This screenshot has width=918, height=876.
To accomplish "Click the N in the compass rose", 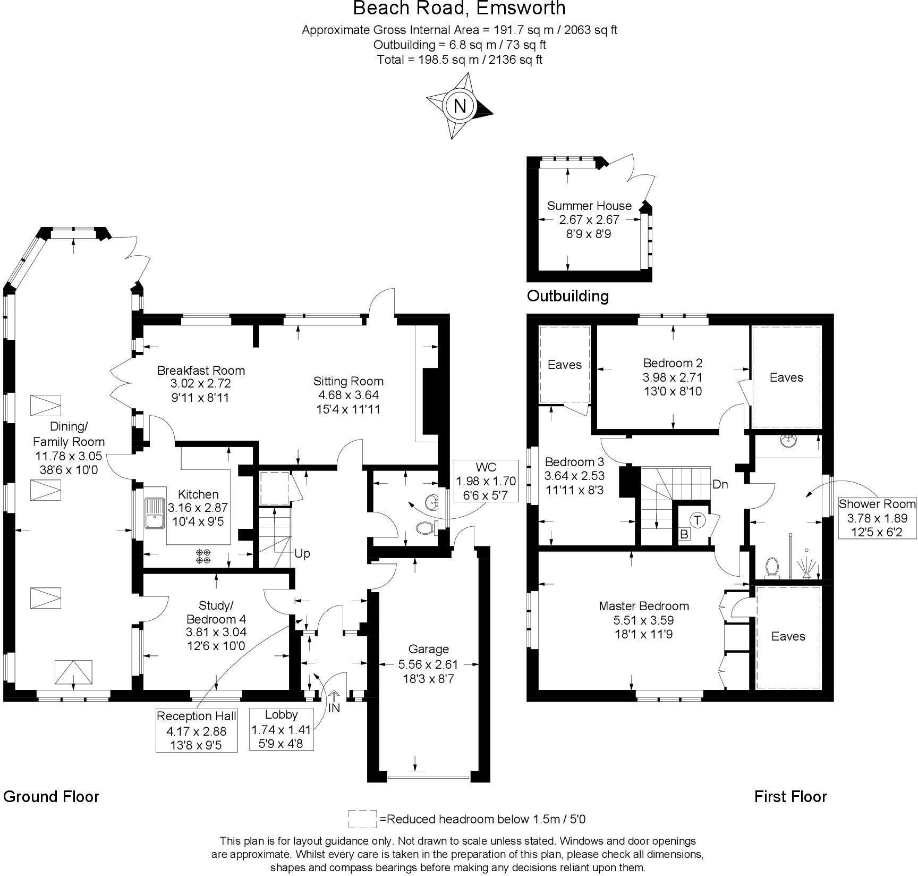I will [460, 106].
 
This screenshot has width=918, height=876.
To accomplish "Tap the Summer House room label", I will [589, 206].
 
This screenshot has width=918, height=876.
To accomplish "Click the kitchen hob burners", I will [203, 556].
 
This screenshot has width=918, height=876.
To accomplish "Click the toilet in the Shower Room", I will [771, 567].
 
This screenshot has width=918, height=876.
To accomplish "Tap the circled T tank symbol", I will [698, 520].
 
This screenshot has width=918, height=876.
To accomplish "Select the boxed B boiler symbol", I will [684, 534].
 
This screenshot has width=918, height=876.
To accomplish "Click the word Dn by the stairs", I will [720, 484].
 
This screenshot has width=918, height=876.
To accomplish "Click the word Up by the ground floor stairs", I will [302, 553].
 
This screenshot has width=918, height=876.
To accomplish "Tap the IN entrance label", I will [334, 708].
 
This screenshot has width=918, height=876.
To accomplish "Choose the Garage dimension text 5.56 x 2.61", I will [428, 664].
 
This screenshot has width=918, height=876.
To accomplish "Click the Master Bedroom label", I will [643, 606].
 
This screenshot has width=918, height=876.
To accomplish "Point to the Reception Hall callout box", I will [197, 730].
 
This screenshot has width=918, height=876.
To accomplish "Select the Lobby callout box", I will [281, 729].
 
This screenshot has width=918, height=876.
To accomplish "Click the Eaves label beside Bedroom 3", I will [564, 365].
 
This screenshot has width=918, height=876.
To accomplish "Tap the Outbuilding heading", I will [567, 296].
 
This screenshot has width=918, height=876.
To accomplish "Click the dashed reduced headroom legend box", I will [362, 819].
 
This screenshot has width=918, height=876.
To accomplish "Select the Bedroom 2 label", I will [673, 363].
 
